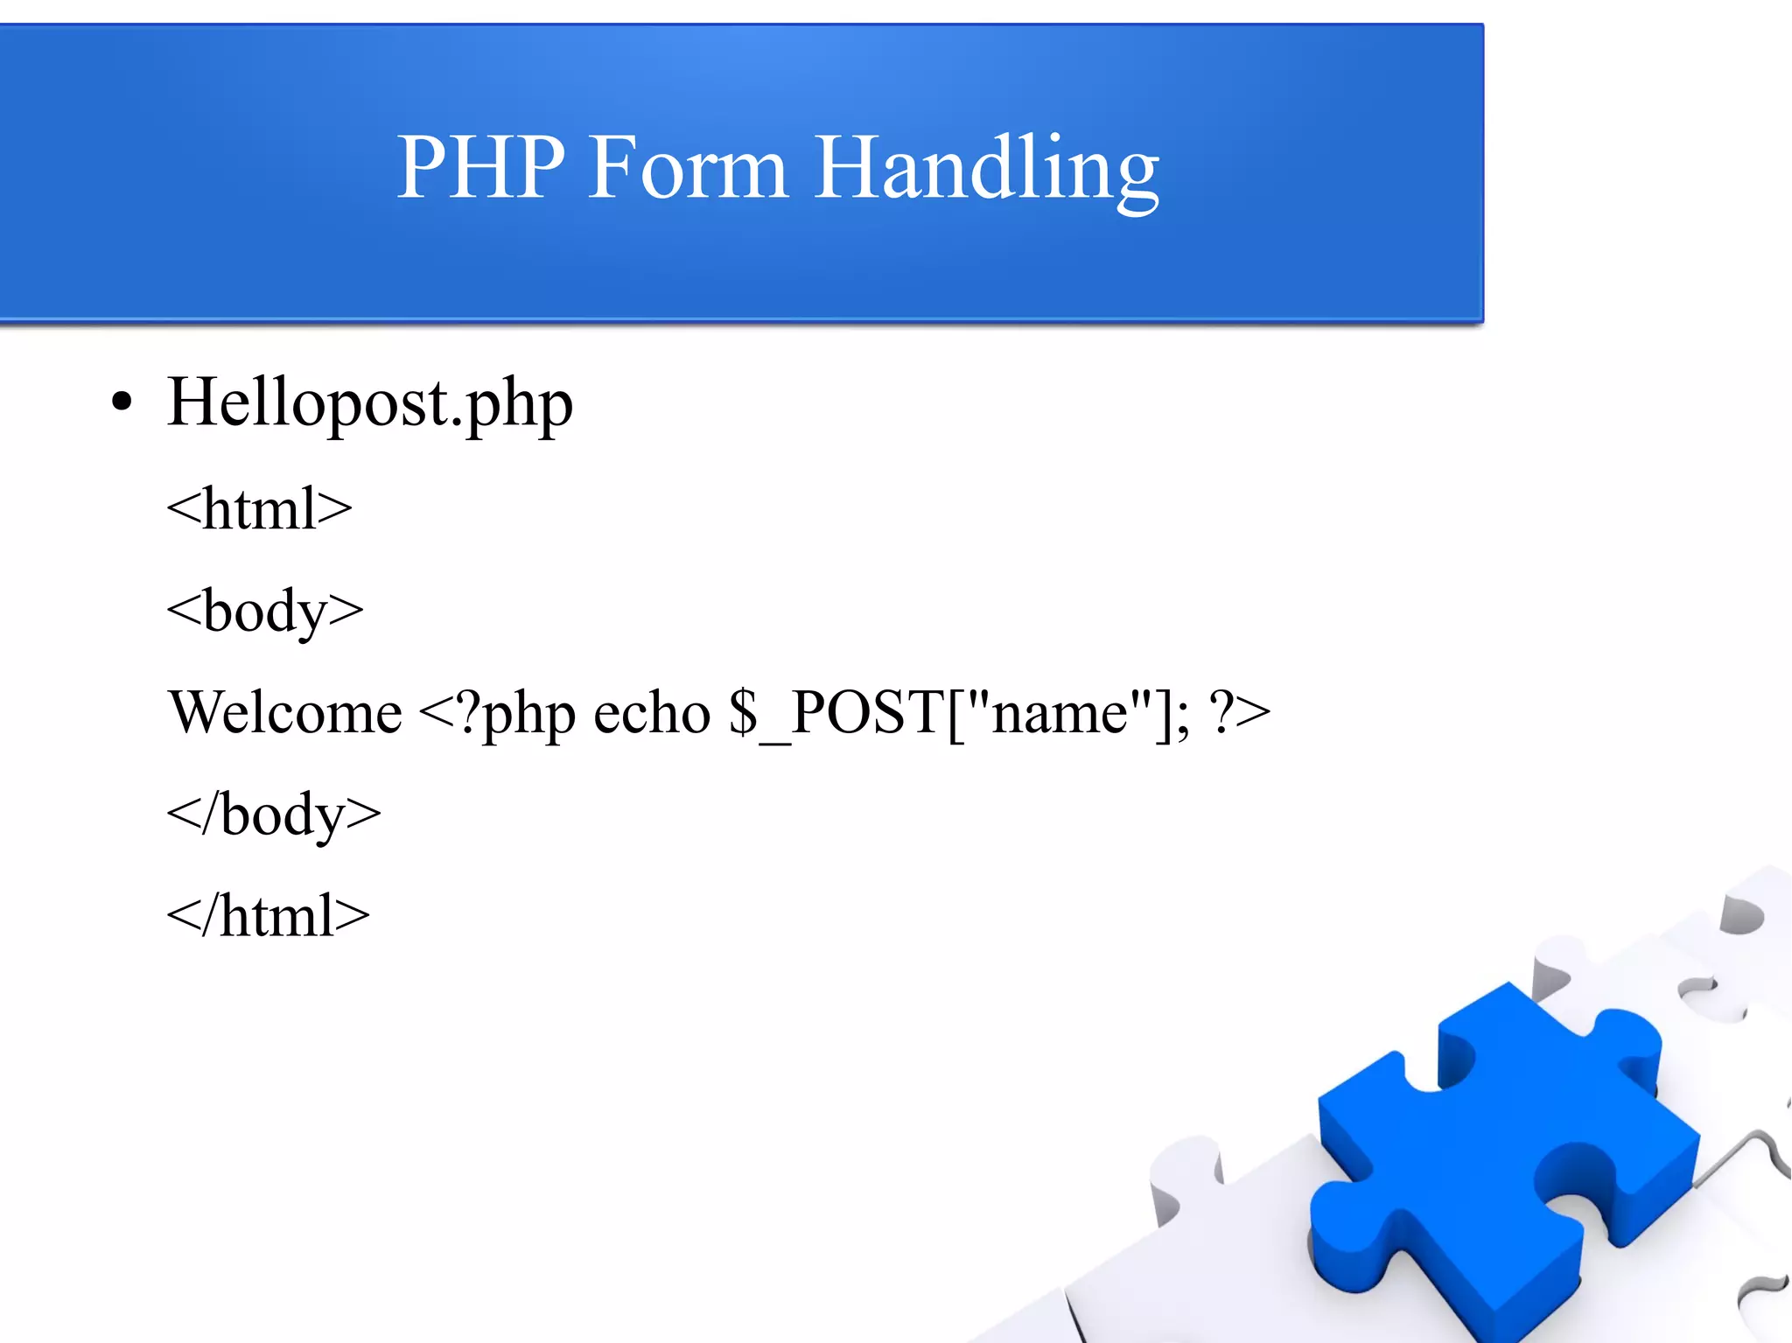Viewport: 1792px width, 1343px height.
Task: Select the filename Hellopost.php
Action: (369, 403)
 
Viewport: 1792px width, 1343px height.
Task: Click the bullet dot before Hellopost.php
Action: (122, 402)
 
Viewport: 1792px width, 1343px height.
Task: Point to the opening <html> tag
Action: (259, 508)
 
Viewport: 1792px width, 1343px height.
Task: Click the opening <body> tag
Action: (264, 611)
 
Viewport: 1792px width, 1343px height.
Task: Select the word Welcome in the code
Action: (285, 712)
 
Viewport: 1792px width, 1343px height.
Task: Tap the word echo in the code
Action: (652, 712)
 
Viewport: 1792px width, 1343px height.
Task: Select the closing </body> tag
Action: (274, 815)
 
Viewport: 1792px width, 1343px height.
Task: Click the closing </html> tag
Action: (268, 916)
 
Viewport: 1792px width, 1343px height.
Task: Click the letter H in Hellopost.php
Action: (192, 402)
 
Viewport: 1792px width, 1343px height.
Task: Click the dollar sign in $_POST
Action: (743, 712)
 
